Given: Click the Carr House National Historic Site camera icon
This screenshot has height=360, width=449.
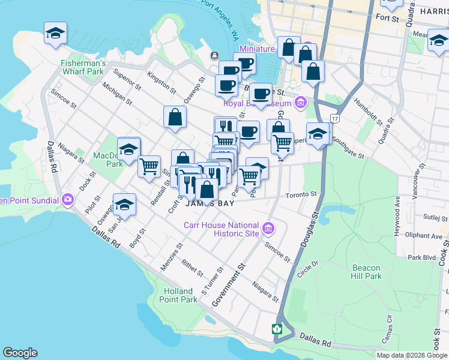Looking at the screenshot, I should coord(268,229).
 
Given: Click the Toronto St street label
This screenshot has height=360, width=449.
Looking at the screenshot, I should coord(301,195).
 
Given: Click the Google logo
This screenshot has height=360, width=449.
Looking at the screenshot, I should coord(20,353).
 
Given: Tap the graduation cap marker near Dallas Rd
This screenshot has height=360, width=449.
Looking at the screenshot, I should coord(124,205).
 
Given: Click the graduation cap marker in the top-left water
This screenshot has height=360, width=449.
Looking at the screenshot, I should coord(55,33).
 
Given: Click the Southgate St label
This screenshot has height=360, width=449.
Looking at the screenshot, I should coord(348,151).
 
